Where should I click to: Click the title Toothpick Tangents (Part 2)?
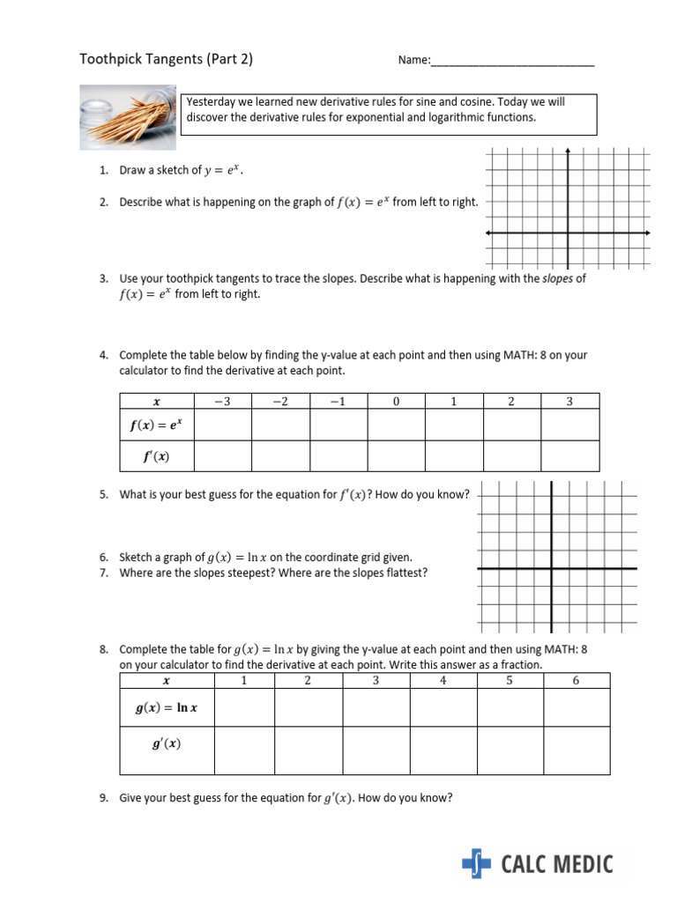167,60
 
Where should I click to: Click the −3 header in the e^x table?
222,402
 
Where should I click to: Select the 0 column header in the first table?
396,402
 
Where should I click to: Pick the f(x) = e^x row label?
157,425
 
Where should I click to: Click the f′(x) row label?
157,455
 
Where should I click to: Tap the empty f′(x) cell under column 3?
569,455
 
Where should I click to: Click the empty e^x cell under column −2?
280,425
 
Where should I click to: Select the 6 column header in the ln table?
577,680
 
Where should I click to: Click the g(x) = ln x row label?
167,707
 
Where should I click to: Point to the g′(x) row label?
167,744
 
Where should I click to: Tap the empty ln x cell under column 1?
244,707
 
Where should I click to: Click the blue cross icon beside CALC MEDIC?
477,864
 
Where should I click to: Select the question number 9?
104,798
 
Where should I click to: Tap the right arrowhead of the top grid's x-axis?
648,233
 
